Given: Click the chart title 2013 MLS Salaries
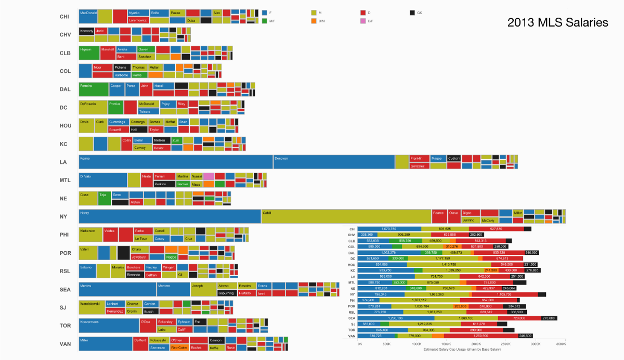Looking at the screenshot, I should coord(557,22).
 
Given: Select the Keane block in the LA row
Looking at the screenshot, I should coord(176,162).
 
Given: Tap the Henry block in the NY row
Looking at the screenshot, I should coord(170,216).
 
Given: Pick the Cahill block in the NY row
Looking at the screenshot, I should coord(346,216).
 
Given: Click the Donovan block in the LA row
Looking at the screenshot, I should coord(333,162).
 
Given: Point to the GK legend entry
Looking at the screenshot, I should coord(416,12).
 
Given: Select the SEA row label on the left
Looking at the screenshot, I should coord(65,290).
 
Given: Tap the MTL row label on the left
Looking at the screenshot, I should coord(65,181).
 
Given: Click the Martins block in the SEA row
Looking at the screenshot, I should coord(118,289).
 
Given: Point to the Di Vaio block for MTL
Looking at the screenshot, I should coord(103,180).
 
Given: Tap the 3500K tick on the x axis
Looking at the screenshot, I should coord(561,344).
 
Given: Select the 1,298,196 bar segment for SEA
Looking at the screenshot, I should coord(396,318).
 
